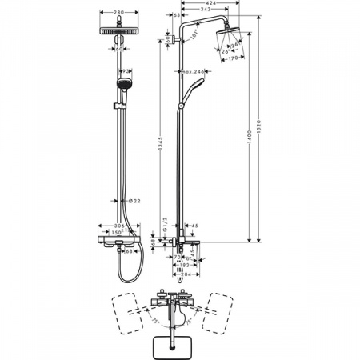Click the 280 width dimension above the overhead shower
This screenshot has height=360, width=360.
(118, 14)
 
